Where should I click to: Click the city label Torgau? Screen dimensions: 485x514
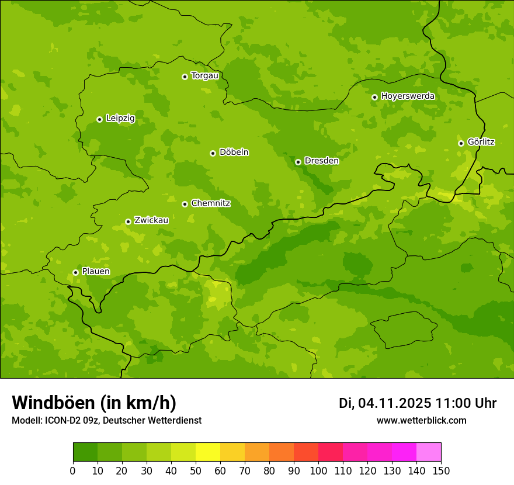(x=204, y=75)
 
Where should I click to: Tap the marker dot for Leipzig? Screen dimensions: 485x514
(x=99, y=119)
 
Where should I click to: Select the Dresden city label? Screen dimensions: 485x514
(x=321, y=161)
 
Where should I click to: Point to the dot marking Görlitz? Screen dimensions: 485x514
(x=461, y=143)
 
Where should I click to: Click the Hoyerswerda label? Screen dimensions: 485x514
(x=408, y=96)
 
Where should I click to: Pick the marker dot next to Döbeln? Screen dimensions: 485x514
(x=213, y=153)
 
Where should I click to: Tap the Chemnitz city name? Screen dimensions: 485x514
(x=210, y=203)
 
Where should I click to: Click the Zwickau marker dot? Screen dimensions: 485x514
(x=128, y=221)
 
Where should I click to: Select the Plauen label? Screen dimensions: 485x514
(x=96, y=271)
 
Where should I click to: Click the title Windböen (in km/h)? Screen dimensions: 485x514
(x=94, y=403)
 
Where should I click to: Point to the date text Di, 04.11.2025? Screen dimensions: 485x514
(x=385, y=403)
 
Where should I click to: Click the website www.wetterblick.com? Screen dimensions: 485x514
(x=421, y=421)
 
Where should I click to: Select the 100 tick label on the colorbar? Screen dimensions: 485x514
(x=318, y=470)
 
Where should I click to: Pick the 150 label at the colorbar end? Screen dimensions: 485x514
(x=441, y=470)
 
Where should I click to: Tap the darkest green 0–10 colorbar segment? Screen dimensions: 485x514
(x=85, y=452)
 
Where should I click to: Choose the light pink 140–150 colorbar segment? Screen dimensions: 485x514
(x=429, y=452)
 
